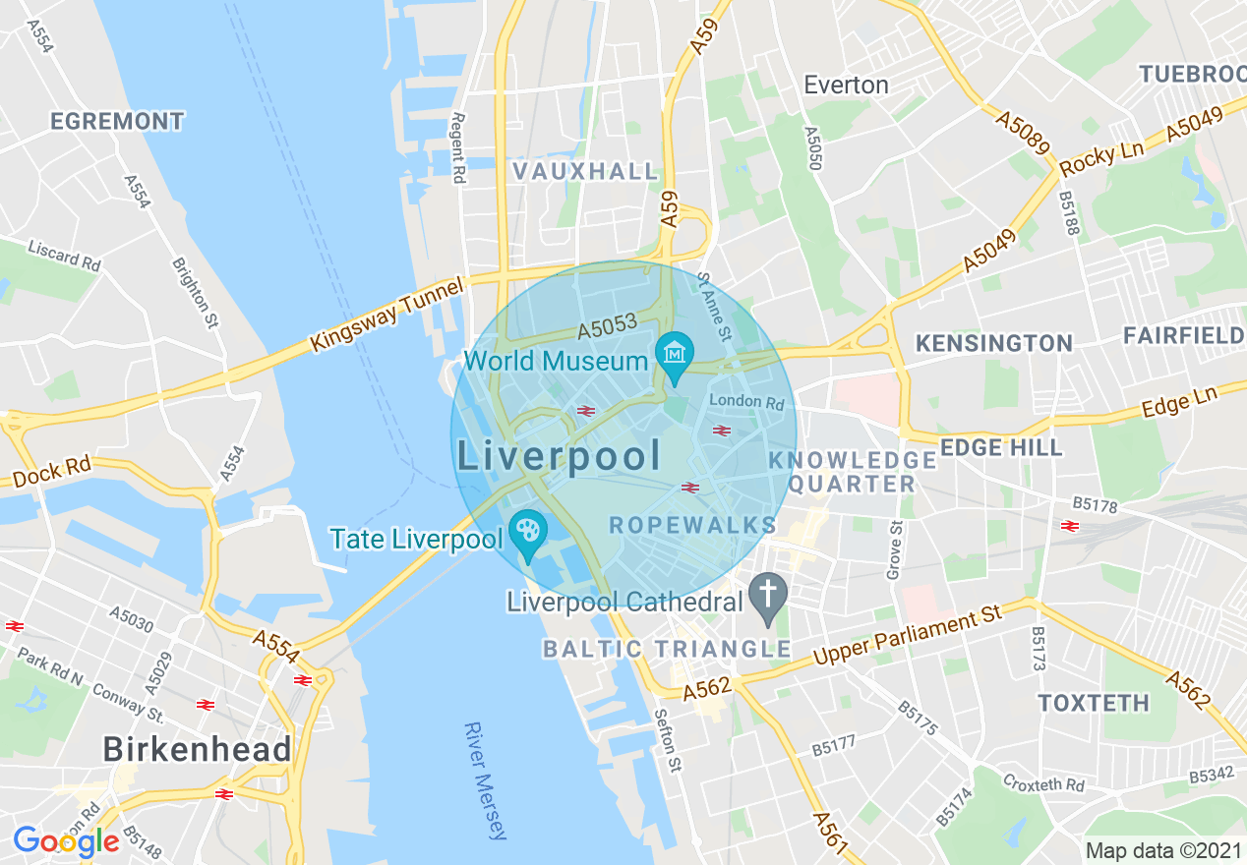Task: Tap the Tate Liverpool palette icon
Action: (x=528, y=532)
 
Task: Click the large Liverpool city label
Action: (x=559, y=456)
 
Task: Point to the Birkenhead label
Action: (x=198, y=749)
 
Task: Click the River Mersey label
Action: (x=485, y=781)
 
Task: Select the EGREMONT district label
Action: (x=117, y=122)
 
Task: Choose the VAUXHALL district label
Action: (x=585, y=171)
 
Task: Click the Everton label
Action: (x=846, y=86)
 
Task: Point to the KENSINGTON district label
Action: (x=993, y=343)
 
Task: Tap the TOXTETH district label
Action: (x=1094, y=703)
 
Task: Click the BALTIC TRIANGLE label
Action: (x=667, y=649)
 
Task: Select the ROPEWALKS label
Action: (x=692, y=525)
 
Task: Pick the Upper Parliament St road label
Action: (x=907, y=637)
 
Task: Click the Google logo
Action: (x=66, y=841)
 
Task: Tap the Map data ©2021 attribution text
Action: (x=1161, y=850)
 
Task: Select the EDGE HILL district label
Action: (x=1001, y=448)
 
